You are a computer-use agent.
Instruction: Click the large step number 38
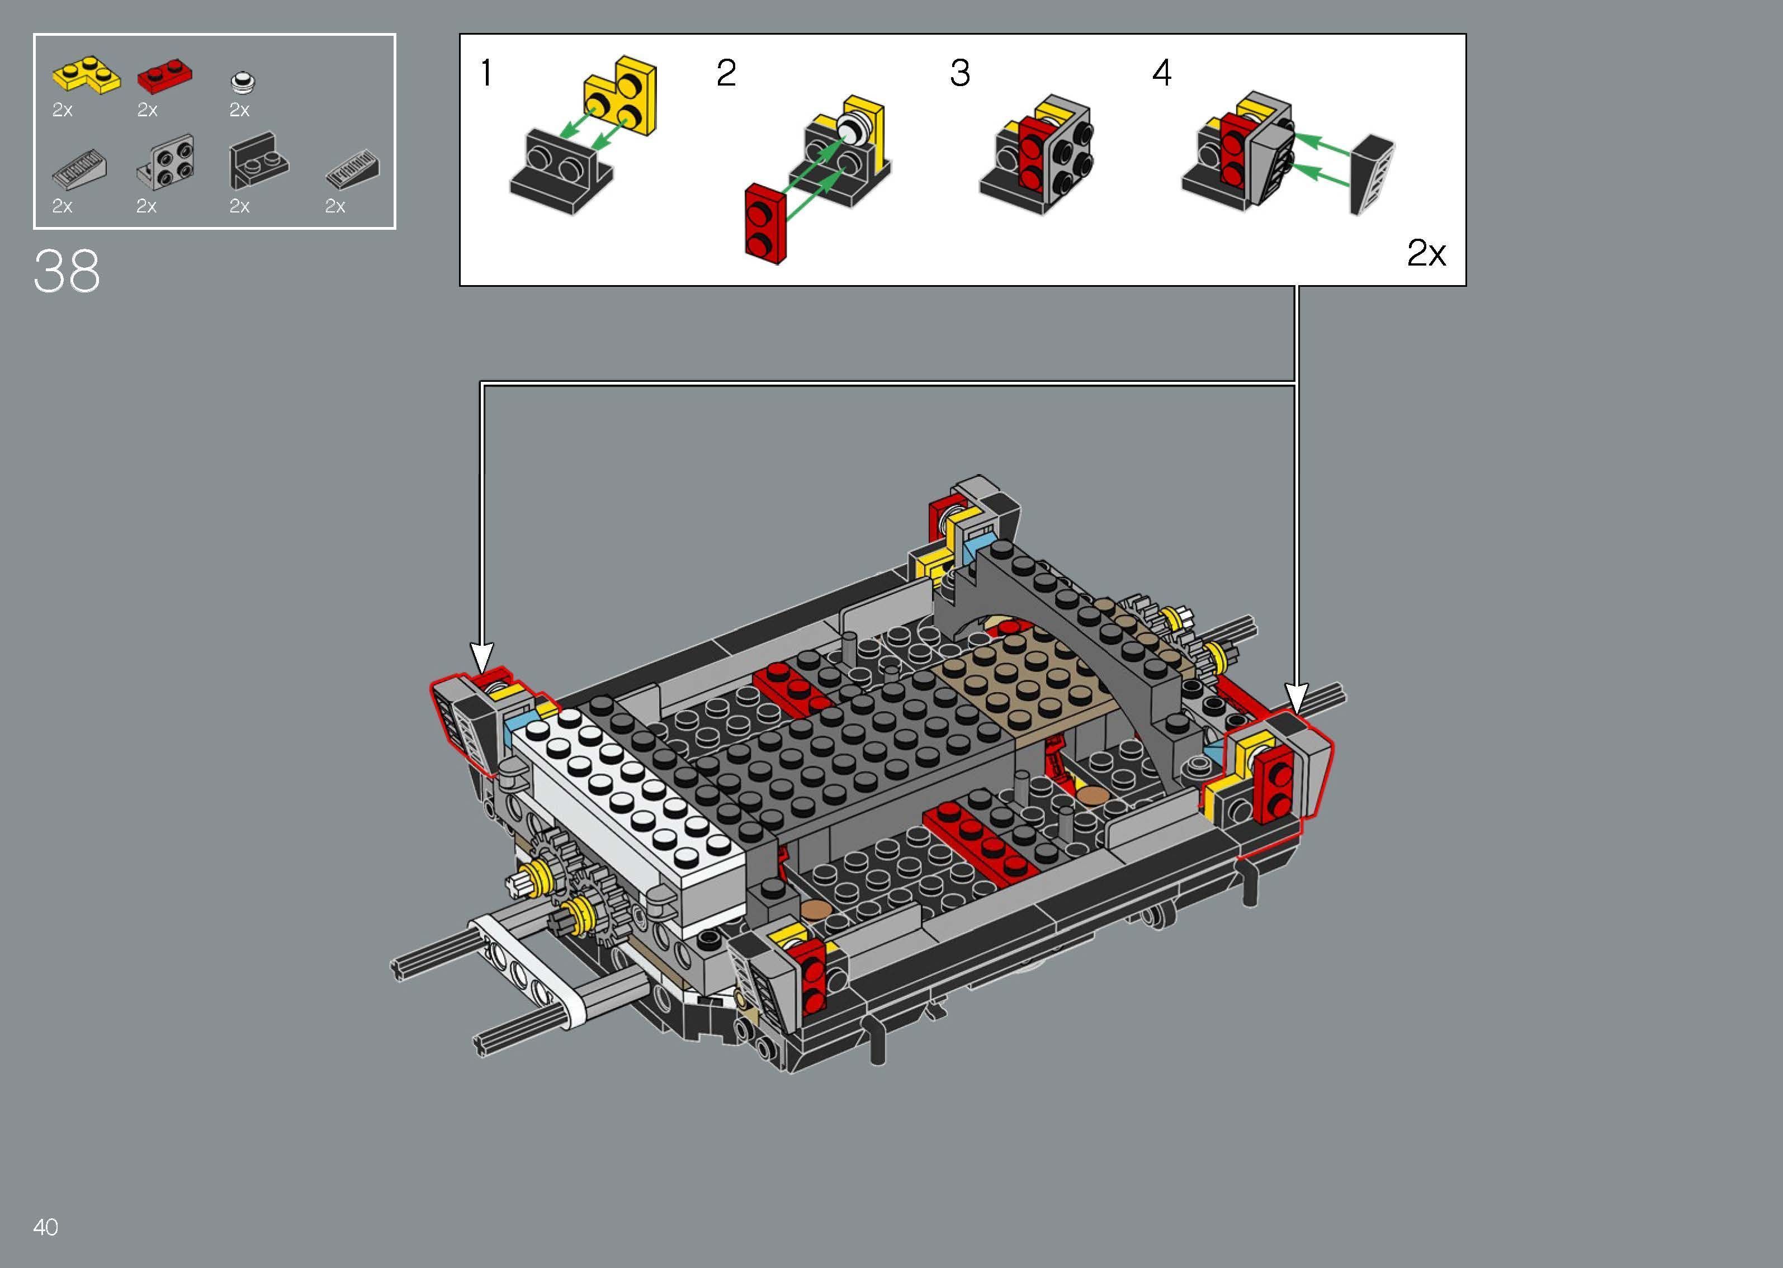(67, 272)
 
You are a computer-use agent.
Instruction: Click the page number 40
(45, 1227)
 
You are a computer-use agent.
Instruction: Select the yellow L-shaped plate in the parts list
(86, 75)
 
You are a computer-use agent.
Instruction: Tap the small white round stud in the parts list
(244, 81)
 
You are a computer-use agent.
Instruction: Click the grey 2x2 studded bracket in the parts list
(167, 163)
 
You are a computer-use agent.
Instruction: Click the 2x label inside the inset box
(1426, 253)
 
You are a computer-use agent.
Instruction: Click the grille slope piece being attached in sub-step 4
(1371, 175)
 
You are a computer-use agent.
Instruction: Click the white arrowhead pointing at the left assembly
(483, 656)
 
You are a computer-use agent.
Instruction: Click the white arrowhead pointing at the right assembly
(1297, 697)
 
